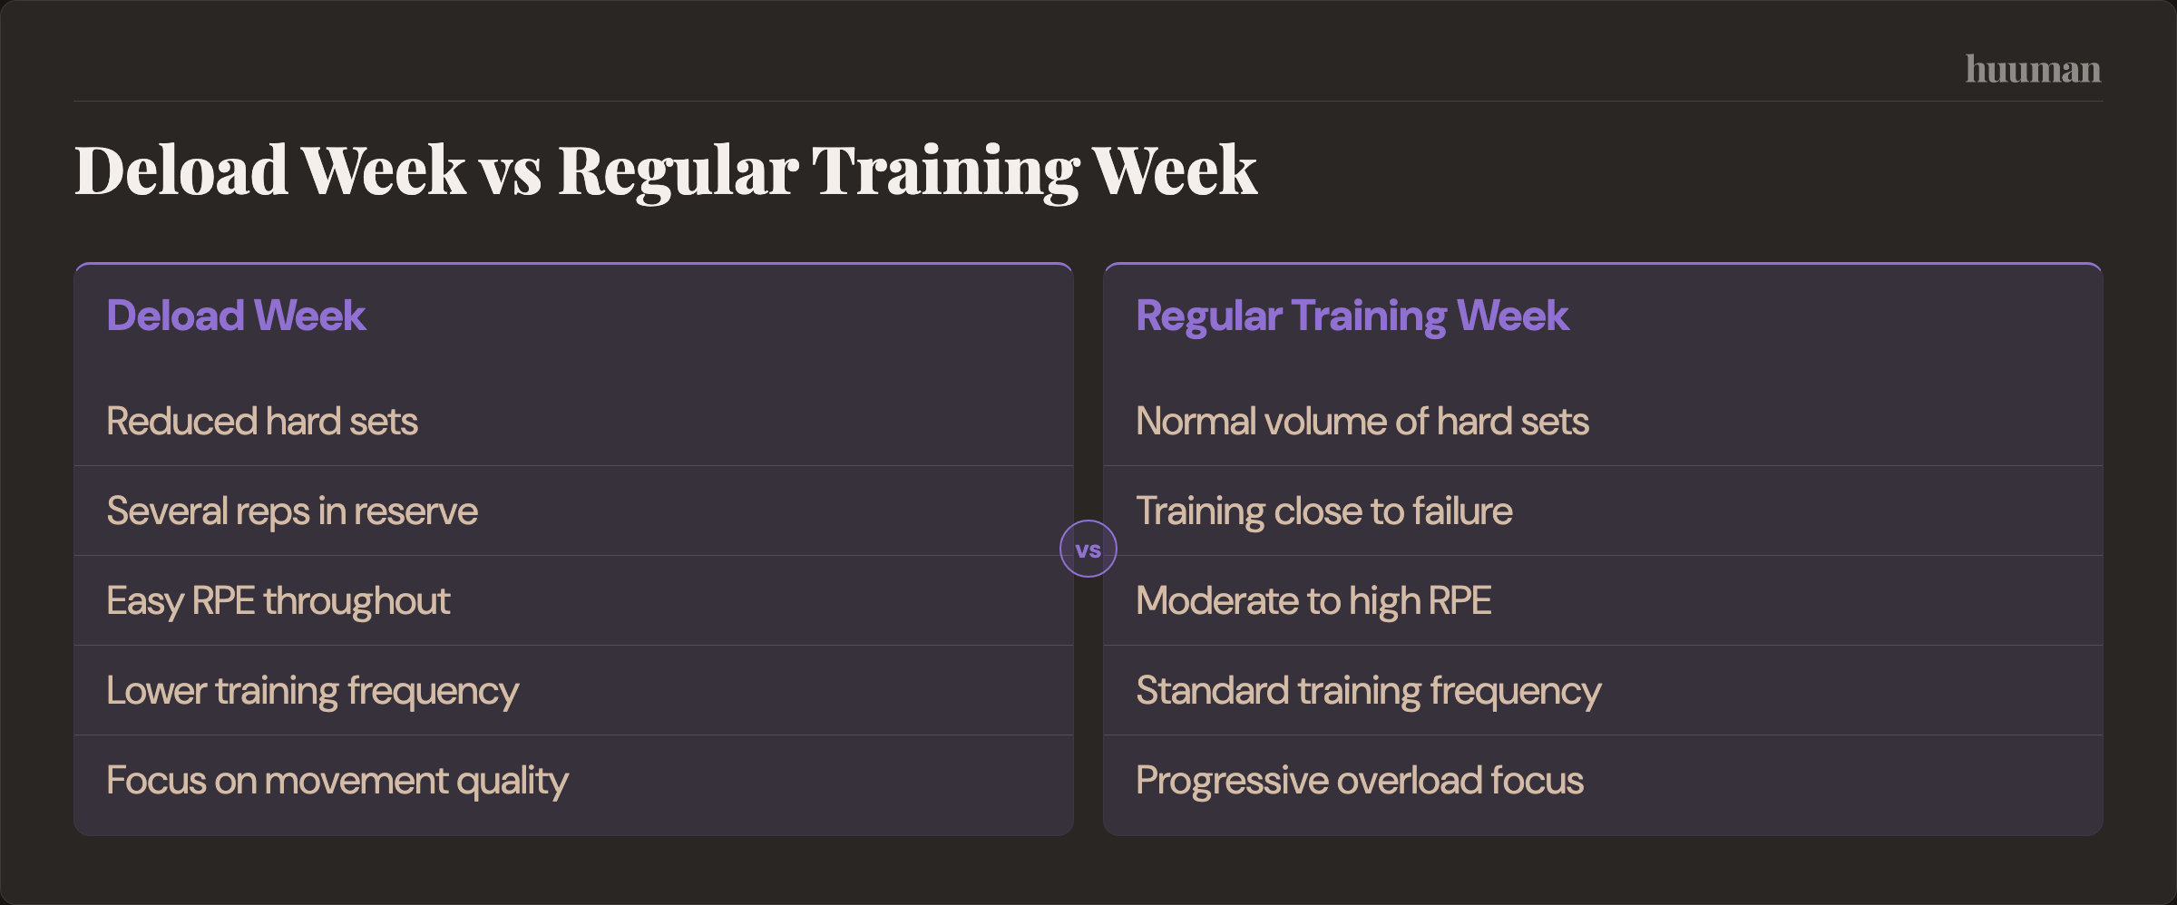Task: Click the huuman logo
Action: [x=2033, y=70]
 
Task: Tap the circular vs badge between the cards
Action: [x=1088, y=549]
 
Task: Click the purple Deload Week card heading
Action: [x=236, y=316]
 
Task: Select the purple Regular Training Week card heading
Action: [x=1352, y=316]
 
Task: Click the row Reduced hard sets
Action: [x=262, y=422]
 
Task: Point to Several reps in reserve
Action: [x=292, y=511]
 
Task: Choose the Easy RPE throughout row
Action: [x=278, y=601]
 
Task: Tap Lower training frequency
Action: [x=313, y=691]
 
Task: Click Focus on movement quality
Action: [x=337, y=781]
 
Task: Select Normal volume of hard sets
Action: [x=1362, y=422]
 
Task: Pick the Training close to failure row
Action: [x=1324, y=511]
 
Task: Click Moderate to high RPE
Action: [x=1313, y=601]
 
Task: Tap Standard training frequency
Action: [x=1369, y=691]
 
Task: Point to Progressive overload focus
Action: [x=1360, y=781]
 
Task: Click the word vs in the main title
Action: [x=511, y=172]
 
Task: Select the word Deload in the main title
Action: [x=181, y=170]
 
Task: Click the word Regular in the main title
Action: [x=678, y=172]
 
